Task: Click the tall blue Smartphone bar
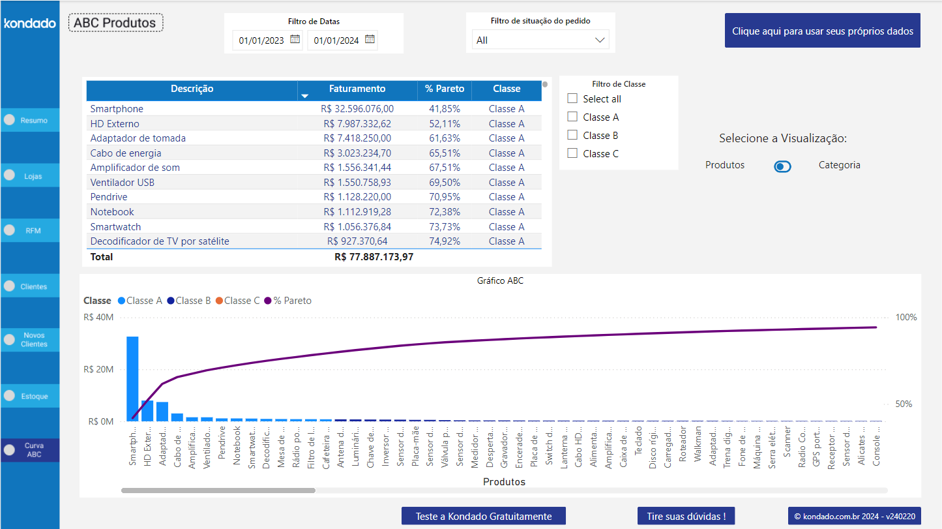tap(132, 378)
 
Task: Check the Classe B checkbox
tap(573, 135)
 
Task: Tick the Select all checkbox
tap(573, 98)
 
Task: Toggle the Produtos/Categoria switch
tap(782, 166)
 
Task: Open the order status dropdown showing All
tap(540, 40)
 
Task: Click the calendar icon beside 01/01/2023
tap(295, 39)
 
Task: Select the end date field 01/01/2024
tap(336, 40)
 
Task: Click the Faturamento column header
tap(357, 89)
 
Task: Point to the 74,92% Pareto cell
tap(444, 241)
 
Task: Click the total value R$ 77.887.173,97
tap(374, 257)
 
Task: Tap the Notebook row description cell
tap(112, 212)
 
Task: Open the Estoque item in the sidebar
tap(30, 396)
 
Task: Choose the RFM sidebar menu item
tap(30, 230)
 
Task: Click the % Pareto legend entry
tap(287, 301)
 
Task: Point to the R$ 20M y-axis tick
tap(98, 369)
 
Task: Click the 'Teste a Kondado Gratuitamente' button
tap(483, 516)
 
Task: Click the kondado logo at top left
tap(30, 23)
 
